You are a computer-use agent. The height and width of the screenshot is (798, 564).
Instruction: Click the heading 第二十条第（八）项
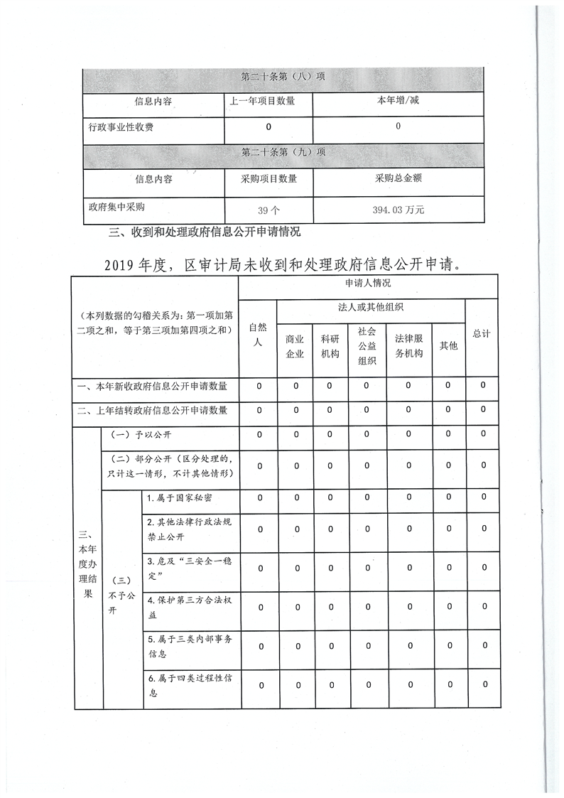click(x=283, y=77)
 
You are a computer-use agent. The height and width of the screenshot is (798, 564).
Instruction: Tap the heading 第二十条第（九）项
click(x=283, y=152)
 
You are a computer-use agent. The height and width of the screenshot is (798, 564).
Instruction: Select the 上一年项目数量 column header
click(x=269, y=101)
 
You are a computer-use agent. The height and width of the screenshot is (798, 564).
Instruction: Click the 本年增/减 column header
click(x=398, y=101)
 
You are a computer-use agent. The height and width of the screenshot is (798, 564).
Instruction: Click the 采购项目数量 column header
click(x=269, y=178)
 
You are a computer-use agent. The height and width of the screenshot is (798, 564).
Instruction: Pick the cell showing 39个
click(x=269, y=210)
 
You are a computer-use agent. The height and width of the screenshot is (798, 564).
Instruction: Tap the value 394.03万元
click(x=398, y=210)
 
